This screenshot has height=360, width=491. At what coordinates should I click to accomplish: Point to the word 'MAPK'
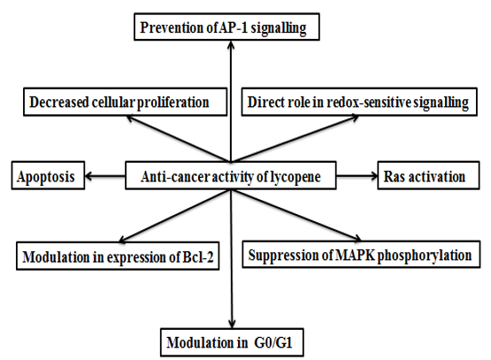pos(355,255)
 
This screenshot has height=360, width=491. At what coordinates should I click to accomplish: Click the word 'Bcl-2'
pos(198,257)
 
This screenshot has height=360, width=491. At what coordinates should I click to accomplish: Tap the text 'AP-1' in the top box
pos(233,27)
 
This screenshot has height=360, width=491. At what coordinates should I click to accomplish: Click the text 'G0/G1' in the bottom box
pos(273,343)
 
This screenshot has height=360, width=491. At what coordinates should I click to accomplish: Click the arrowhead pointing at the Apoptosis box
pos(88,176)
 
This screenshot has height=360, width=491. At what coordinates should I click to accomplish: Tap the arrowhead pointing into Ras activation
pos(374,176)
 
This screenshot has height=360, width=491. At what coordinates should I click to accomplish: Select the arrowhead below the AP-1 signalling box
pos(231,44)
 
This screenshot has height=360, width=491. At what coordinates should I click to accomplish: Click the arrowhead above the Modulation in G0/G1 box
pos(232,325)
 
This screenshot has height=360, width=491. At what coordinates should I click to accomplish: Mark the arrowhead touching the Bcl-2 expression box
pos(123,240)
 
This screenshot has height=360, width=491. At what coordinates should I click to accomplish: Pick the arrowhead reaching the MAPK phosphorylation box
pos(357,238)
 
